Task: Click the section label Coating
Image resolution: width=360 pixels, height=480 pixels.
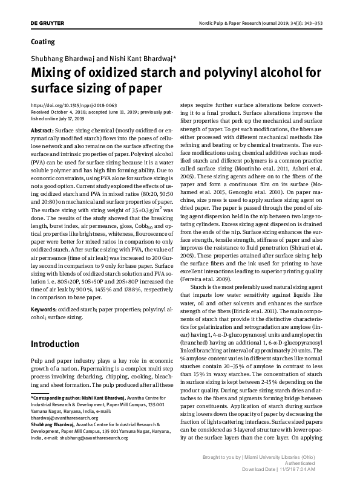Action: (x=42, y=42)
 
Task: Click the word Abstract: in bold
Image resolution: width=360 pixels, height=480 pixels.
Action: (x=42, y=131)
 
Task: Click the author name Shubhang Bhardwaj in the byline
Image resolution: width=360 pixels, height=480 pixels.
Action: (x=59, y=59)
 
